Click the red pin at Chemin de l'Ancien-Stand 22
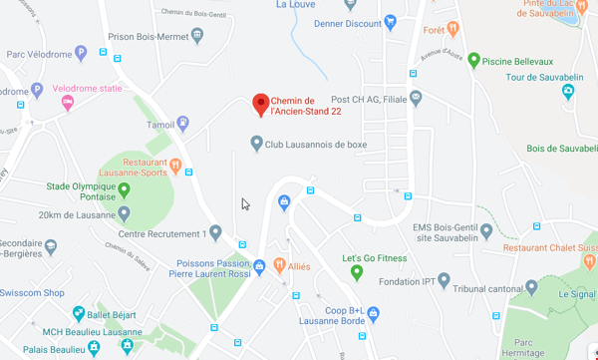coord(260,103)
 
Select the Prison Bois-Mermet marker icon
coord(197,37)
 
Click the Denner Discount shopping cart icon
coord(390,22)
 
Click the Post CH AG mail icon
coord(416,98)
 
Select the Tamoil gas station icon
coord(183,125)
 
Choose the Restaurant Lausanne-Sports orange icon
coord(174,166)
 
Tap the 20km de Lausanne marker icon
coord(124,213)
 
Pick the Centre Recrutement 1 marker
coord(215,233)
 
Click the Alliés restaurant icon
coord(278,266)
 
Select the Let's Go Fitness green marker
coord(356,272)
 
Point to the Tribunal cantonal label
coord(480,289)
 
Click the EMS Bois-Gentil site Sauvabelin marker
coord(485,231)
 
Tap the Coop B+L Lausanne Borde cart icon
coord(373,313)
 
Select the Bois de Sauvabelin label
coord(561,149)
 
